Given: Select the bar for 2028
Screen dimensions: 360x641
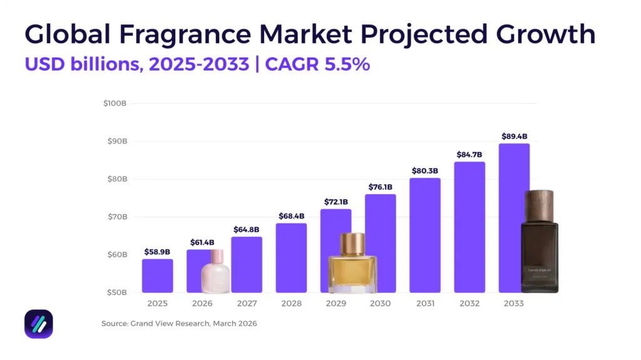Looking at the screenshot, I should click(291, 258).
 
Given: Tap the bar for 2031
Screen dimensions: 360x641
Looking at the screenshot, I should click(425, 235).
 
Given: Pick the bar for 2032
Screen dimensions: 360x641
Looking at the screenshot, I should click(469, 227).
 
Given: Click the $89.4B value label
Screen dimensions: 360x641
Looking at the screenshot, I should click(514, 136).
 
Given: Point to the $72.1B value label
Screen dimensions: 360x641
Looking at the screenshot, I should click(336, 202).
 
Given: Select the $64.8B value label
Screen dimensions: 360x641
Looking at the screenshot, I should click(247, 229).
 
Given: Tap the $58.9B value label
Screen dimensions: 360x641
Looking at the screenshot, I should click(157, 252).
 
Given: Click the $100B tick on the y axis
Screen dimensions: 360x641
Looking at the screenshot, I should click(115, 103).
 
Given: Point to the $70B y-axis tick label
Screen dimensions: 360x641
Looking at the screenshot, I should click(116, 217).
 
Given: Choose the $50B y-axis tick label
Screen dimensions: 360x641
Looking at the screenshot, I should click(116, 292).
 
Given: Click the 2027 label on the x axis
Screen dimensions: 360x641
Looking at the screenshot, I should click(247, 304).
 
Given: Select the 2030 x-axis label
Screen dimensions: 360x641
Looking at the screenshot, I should click(380, 304).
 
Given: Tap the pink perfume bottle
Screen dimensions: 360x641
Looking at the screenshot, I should click(215, 274).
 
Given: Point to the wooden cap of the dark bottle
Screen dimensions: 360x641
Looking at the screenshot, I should click(539, 205).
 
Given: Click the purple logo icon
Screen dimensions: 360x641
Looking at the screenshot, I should click(39, 324).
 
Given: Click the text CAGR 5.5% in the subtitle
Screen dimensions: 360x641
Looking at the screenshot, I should click(317, 64).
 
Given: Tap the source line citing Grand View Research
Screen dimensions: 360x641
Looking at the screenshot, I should click(179, 324).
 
